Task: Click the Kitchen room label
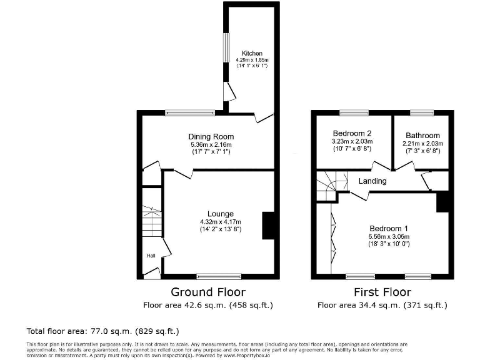(252, 53)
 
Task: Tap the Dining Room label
(211, 137)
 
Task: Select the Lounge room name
(220, 214)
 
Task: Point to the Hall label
(151, 256)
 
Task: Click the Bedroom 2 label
(352, 134)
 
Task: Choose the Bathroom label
(422, 135)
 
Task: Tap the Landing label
(372, 181)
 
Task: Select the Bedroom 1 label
(388, 228)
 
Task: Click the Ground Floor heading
(208, 292)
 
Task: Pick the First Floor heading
(382, 292)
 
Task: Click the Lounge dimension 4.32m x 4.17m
(220, 222)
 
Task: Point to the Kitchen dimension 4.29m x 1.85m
(252, 59)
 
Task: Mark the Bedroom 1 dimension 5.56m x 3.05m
(388, 237)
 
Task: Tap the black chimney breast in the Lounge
(269, 226)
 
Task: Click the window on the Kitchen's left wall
(226, 47)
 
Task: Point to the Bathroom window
(422, 112)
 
